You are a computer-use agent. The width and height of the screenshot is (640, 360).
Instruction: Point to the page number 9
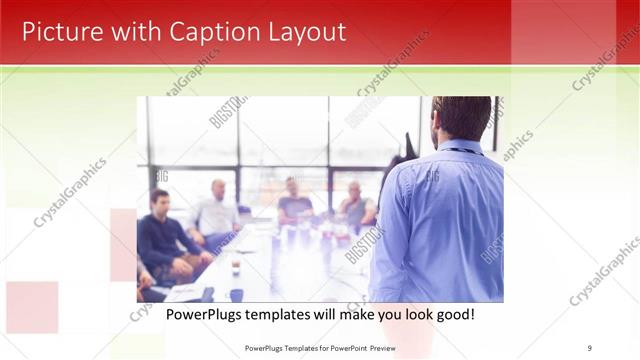click(590, 348)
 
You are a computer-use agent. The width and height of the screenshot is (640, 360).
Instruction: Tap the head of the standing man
click(461, 118)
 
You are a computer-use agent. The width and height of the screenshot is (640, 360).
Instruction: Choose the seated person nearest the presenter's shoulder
click(357, 205)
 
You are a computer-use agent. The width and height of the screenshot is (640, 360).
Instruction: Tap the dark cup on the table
click(236, 268)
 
